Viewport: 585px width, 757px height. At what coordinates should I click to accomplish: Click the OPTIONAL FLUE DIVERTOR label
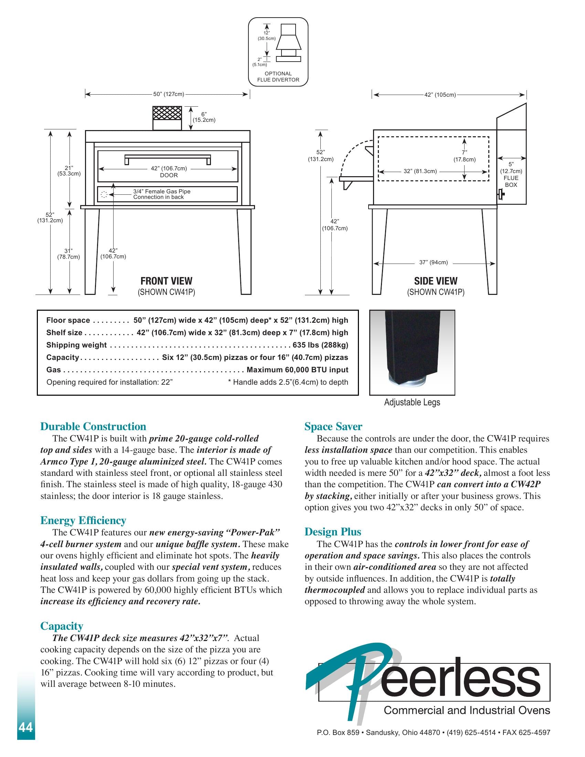tap(278, 77)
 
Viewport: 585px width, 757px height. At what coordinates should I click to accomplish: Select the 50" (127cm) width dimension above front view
tap(168, 94)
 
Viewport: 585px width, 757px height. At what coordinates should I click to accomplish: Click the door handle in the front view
tap(167, 157)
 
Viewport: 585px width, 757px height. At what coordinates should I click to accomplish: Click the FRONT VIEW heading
tap(166, 281)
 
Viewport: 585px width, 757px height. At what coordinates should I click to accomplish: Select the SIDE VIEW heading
tap(436, 281)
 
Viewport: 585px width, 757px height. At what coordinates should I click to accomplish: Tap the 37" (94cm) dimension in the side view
tap(433, 263)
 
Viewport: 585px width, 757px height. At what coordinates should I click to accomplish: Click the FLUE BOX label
tap(511, 181)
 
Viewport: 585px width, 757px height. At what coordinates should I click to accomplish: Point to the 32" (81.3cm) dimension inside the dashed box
tap(420, 171)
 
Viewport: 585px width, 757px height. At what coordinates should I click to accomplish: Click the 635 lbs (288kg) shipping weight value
tap(320, 345)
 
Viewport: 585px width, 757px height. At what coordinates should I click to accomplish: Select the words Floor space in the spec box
tap(68, 320)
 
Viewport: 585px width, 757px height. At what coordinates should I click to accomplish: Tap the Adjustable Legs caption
tap(412, 403)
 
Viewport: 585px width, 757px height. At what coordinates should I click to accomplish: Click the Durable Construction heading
tap(93, 426)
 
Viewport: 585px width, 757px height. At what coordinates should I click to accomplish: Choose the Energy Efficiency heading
tap(83, 520)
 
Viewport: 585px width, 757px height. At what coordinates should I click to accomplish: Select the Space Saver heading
tap(333, 426)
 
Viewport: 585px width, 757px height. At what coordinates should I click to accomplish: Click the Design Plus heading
tap(333, 532)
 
